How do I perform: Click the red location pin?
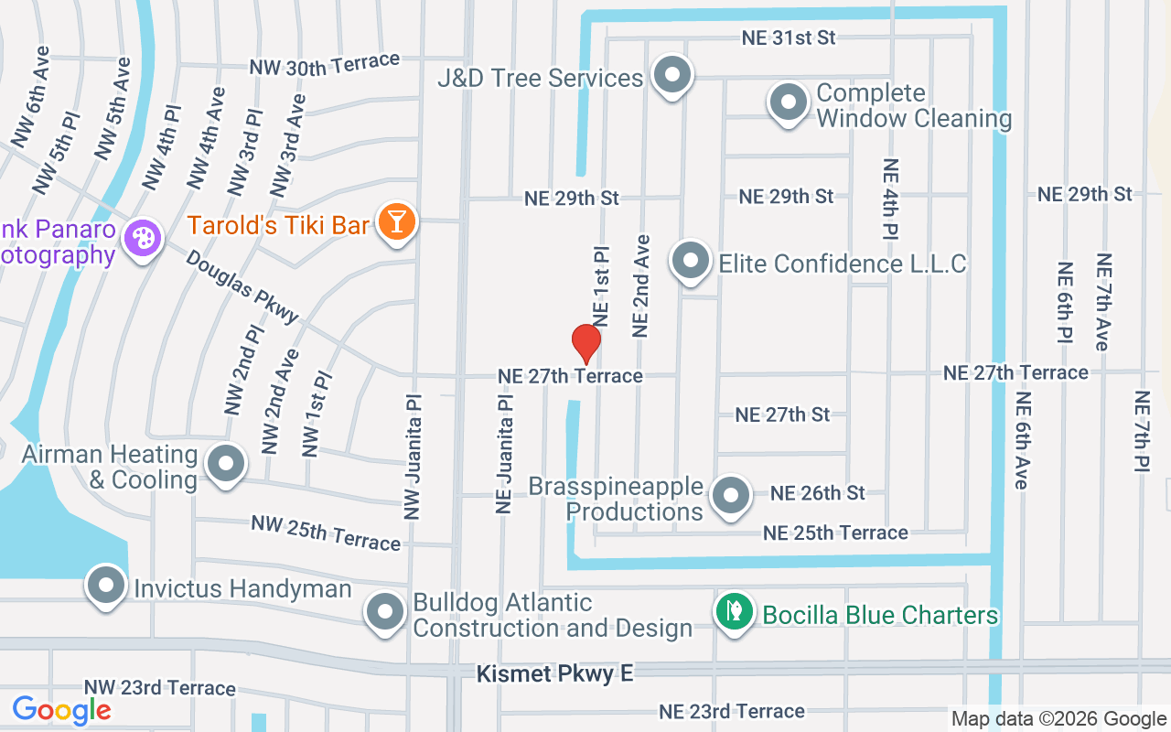coord(585,343)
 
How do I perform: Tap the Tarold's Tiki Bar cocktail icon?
coord(397,222)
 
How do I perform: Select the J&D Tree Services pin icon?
coord(673,75)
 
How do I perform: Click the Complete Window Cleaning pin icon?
coord(788,103)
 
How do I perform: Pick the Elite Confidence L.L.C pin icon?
coord(691,262)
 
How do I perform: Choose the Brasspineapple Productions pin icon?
coord(730,495)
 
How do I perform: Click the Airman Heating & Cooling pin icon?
coord(225,464)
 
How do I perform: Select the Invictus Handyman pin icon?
coord(106,585)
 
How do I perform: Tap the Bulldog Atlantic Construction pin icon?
coord(385,611)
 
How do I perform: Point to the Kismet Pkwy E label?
coord(554,674)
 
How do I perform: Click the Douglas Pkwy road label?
coord(242,286)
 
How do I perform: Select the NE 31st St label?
coord(789,38)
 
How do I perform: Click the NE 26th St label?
coord(817,493)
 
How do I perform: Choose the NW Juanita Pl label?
coord(414,457)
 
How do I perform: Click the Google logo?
coord(61,709)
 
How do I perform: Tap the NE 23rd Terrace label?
coord(732,711)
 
